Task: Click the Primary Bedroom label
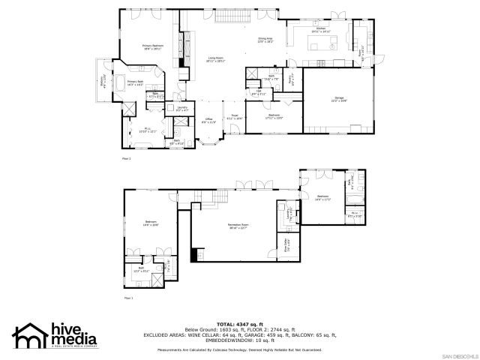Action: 153,46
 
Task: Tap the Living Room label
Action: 216,59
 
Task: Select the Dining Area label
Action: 265,40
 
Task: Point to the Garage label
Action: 339,98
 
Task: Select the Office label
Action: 209,121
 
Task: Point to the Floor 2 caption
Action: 127,159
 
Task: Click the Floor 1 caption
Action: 127,298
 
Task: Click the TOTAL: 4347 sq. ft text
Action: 240,323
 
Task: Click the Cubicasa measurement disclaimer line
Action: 240,349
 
